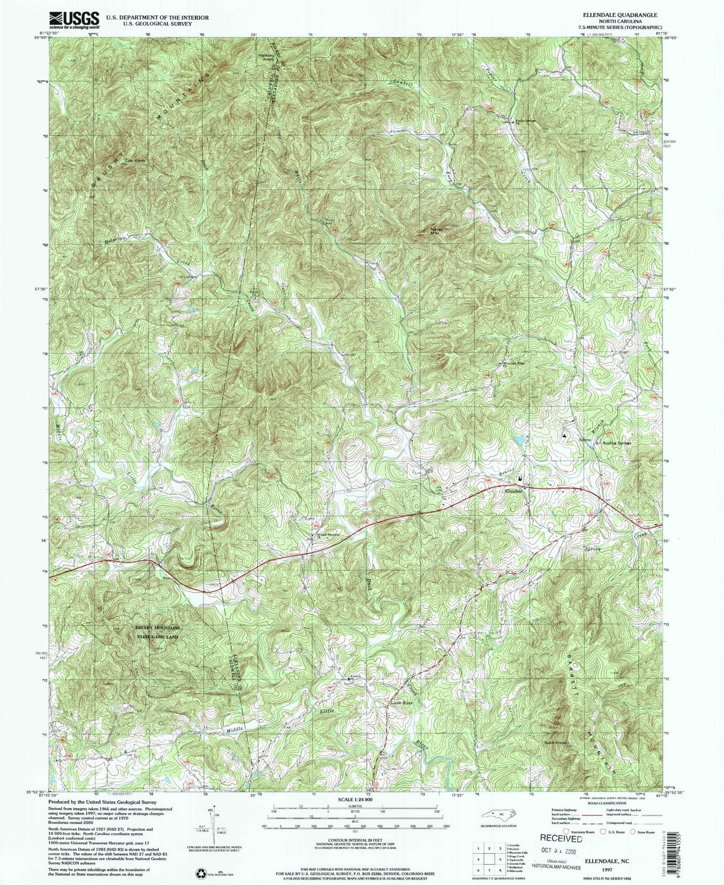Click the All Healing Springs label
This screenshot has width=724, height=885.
pos(613,443)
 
